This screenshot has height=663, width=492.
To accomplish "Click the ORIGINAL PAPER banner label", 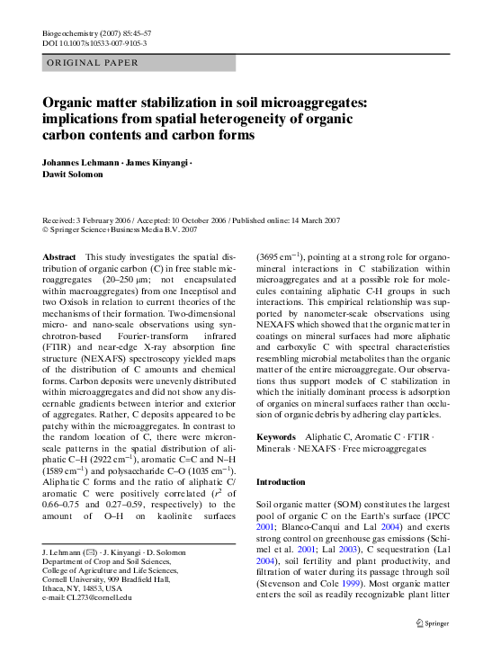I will click(91, 63).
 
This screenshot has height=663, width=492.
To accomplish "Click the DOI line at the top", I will click(94, 43).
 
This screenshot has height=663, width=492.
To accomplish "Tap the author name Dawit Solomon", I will click(71, 175).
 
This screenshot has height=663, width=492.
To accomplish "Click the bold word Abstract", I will click(59, 257).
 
